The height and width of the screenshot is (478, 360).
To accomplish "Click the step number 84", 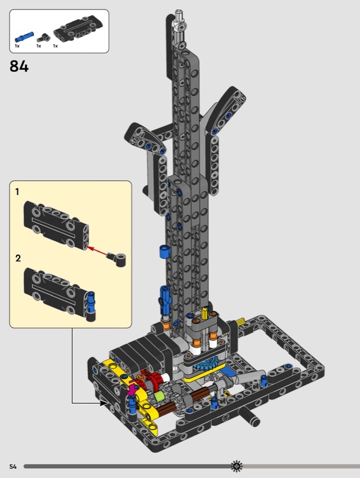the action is click(19, 66).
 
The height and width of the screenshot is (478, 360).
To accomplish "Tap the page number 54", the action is click(13, 467).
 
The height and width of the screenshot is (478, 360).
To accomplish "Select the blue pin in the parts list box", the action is click(24, 36).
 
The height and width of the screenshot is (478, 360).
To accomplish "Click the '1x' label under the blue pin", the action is click(17, 46).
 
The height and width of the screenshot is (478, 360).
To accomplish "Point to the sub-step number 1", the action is click(17, 192).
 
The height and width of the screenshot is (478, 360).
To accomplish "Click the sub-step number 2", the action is click(18, 258).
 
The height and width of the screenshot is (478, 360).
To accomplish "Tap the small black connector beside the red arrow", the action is click(117, 259).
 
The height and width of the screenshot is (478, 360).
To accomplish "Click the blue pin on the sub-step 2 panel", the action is click(91, 302).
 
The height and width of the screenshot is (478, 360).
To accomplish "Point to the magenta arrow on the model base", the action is click(132, 389).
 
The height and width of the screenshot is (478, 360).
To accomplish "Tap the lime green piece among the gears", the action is click(158, 397).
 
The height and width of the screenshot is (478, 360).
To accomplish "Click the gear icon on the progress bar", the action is click(236, 466).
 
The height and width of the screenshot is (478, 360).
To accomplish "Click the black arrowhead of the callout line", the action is click(103, 403).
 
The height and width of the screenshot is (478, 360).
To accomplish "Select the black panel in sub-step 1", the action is click(56, 225).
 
